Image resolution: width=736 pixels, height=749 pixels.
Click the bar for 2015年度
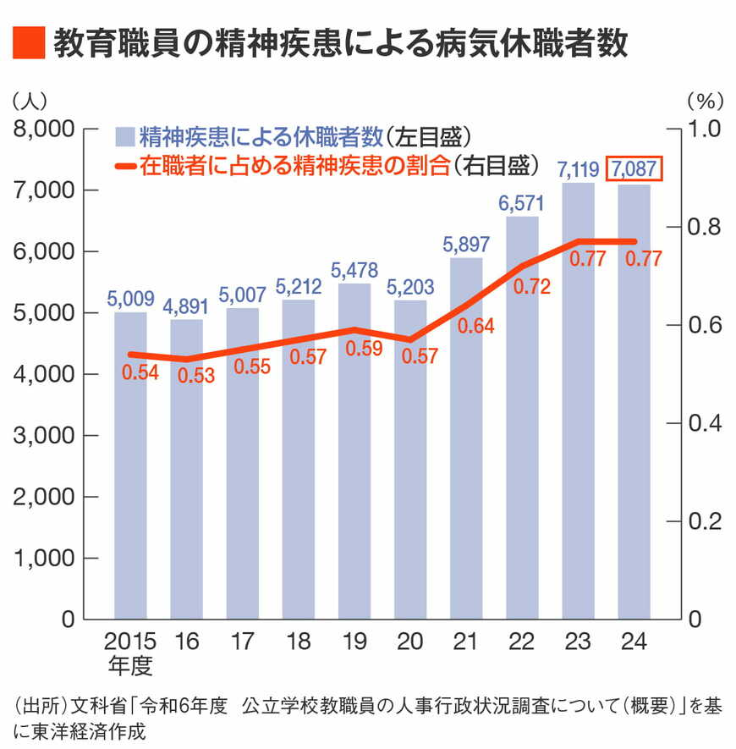(130, 465)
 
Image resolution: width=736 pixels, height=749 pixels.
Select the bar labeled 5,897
(466, 440)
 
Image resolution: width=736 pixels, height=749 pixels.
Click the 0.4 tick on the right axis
(705, 423)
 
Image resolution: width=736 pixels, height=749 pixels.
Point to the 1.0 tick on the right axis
(705, 129)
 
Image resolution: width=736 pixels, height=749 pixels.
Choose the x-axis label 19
(354, 641)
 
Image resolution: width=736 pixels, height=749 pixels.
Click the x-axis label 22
(522, 641)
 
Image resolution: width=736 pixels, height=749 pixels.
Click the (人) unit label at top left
(31, 100)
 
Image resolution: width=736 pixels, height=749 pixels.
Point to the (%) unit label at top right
(705, 100)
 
